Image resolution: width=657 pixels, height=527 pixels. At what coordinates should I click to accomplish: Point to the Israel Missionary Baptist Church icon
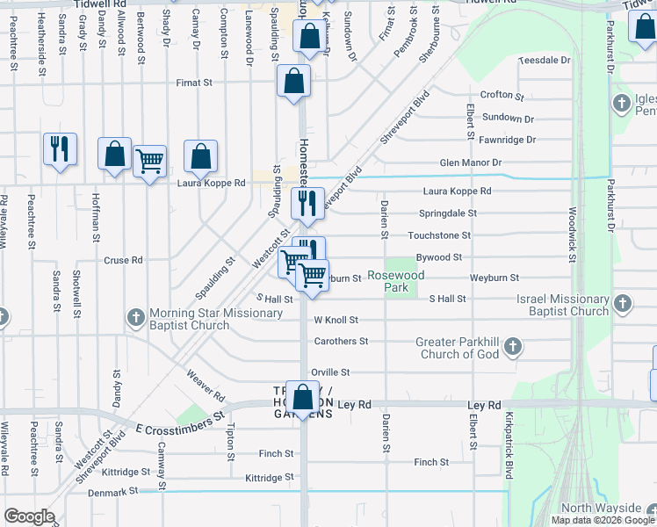(622, 304)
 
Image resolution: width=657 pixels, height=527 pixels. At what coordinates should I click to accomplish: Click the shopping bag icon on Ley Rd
(303, 399)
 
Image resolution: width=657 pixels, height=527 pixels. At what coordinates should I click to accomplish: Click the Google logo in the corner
(29, 516)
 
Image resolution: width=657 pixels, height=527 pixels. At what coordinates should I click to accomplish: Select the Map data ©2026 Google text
(603, 520)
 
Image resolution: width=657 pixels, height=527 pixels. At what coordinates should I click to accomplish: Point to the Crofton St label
(502, 95)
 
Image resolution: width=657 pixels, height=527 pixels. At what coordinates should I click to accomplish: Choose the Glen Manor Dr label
(470, 162)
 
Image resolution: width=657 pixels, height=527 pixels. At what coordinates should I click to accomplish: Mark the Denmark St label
(113, 493)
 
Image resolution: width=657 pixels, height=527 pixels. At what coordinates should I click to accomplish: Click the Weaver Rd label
(206, 386)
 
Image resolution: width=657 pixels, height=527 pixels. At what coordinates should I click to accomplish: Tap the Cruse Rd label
(123, 260)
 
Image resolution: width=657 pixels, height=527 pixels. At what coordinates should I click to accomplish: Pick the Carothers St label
(341, 341)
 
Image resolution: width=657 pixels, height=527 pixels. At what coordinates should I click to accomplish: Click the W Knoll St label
(336, 321)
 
